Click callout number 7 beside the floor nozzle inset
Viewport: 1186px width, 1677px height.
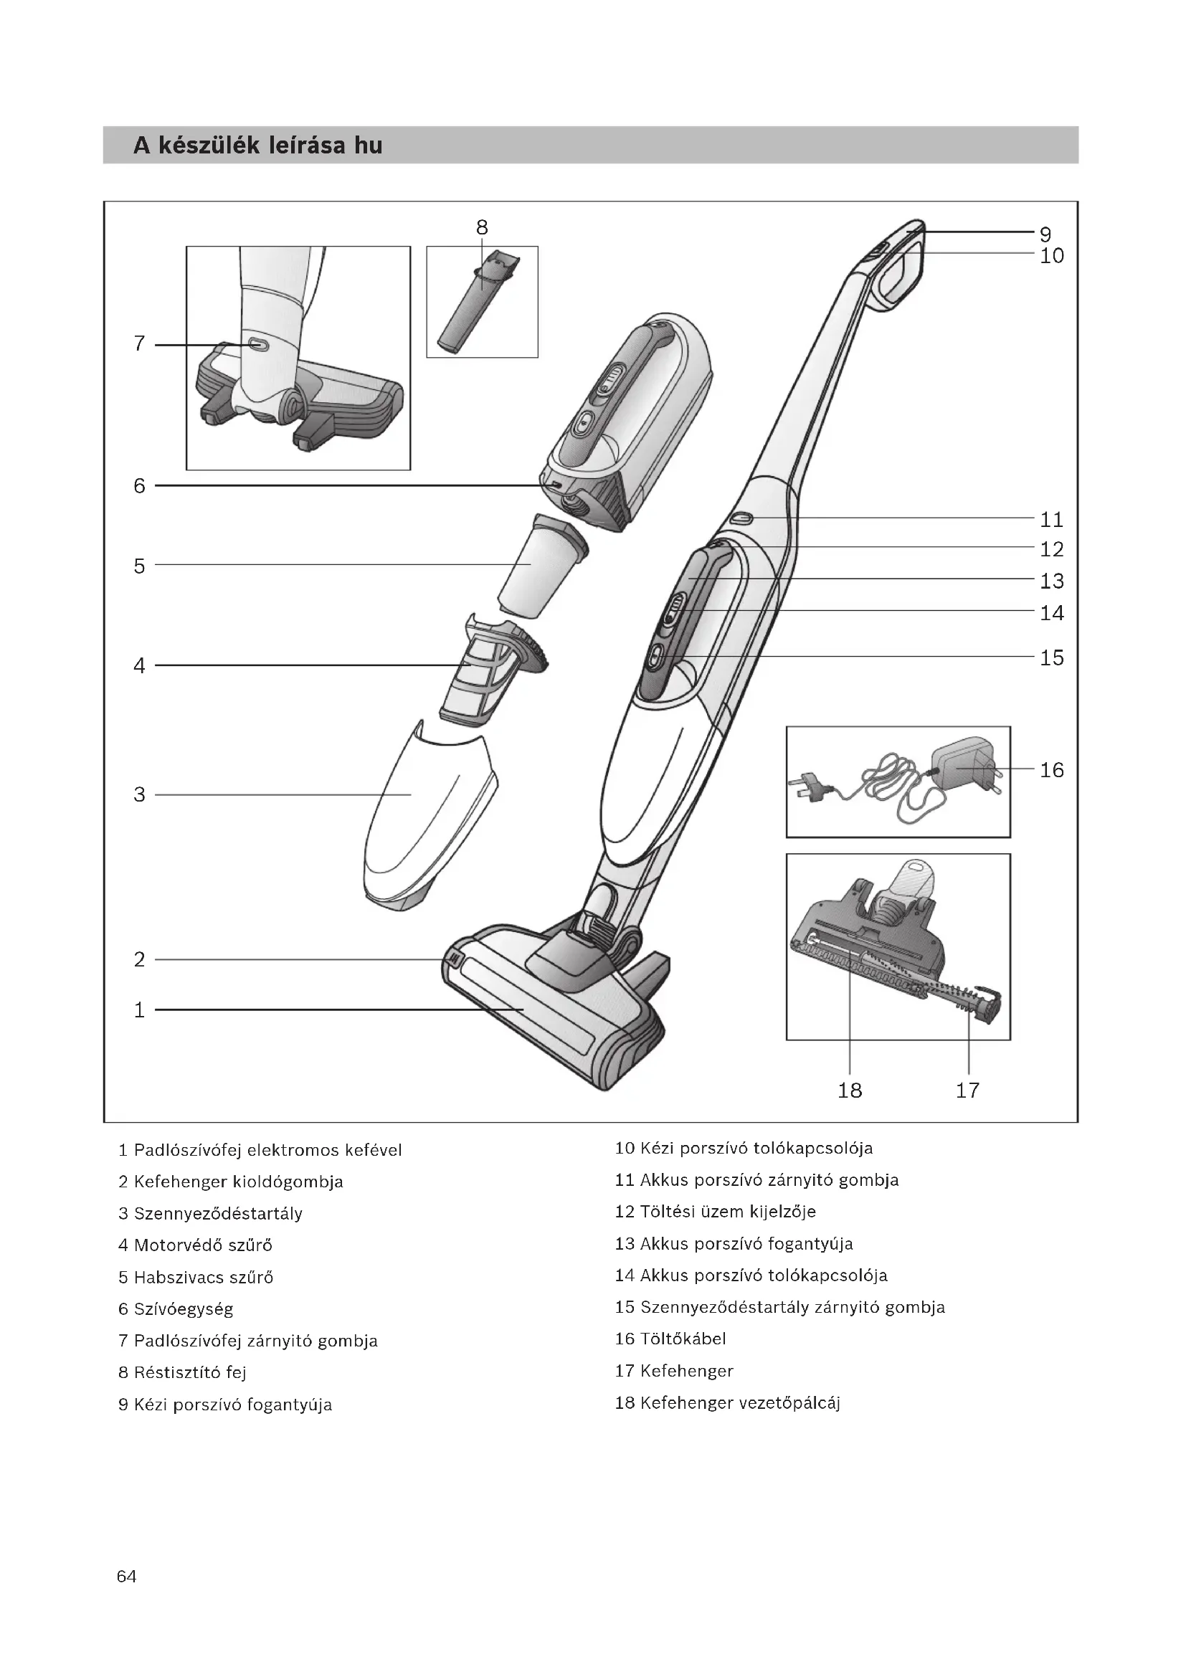(x=140, y=343)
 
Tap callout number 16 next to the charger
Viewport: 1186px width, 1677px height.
(x=1052, y=770)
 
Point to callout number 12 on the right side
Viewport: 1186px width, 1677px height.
(x=1052, y=549)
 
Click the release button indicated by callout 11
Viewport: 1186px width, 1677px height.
(x=742, y=518)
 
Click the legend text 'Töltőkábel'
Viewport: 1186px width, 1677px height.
(x=682, y=1339)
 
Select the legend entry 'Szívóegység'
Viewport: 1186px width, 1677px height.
(x=184, y=1309)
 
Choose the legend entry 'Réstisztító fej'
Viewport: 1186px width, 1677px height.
(x=190, y=1372)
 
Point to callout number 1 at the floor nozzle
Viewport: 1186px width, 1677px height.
(x=140, y=1010)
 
